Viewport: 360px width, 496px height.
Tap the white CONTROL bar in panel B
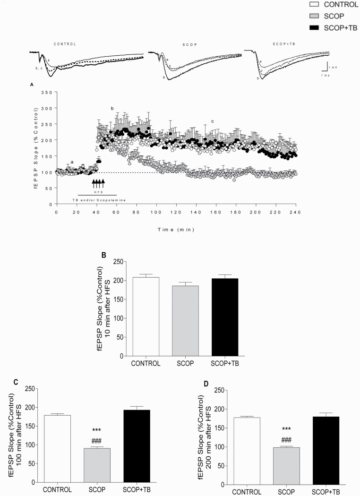146,316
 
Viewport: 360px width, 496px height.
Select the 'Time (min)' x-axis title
176,229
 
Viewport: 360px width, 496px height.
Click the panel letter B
103,254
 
